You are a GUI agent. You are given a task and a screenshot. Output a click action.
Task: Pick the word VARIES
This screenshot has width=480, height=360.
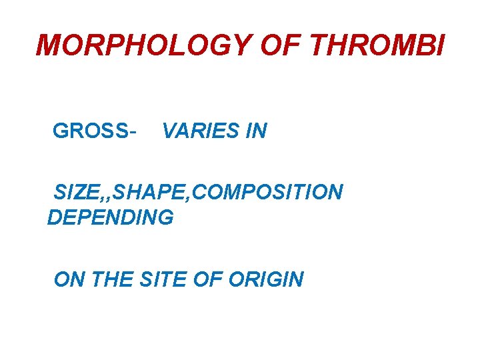click(201, 131)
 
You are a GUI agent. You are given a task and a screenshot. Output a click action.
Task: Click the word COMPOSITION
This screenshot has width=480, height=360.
click(270, 193)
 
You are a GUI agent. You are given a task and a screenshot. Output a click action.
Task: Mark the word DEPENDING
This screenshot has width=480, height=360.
click(111, 217)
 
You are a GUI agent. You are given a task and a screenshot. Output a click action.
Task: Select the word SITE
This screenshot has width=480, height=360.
click(163, 279)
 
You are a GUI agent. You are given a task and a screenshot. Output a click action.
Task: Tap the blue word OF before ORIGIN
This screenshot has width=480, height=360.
click(207, 279)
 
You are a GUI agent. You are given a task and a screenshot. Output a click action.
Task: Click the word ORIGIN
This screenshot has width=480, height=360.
click(266, 279)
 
